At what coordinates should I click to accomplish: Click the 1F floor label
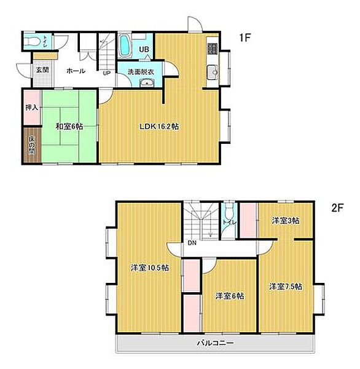[245, 38]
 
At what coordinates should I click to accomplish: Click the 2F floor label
[337, 208]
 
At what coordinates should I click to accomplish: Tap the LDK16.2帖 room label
[159, 127]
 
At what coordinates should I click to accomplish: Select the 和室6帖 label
[69, 127]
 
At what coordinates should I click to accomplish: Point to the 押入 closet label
[32, 108]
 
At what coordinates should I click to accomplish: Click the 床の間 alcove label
[32, 145]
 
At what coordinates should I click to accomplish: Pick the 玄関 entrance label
[42, 69]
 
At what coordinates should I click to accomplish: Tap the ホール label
[76, 71]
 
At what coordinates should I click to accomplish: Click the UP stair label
[106, 73]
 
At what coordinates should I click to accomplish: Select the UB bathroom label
[144, 49]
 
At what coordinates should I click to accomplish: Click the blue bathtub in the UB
[125, 46]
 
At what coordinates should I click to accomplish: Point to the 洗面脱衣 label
[141, 72]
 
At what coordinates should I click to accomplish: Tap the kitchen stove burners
[213, 49]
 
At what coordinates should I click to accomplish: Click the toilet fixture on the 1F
[32, 42]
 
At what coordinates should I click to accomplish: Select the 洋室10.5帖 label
[150, 268]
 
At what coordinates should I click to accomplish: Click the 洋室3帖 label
[286, 221]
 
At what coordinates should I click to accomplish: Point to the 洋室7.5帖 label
[286, 287]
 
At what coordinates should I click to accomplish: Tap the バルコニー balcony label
[216, 343]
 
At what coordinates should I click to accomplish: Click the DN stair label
[192, 243]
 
